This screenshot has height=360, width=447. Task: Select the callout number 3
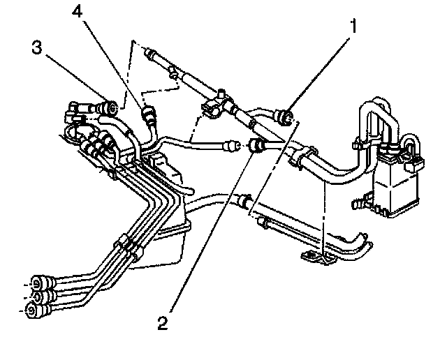36,48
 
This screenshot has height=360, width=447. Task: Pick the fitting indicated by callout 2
256,146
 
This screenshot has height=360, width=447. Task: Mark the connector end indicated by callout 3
108,107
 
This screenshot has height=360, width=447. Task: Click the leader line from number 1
321,69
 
